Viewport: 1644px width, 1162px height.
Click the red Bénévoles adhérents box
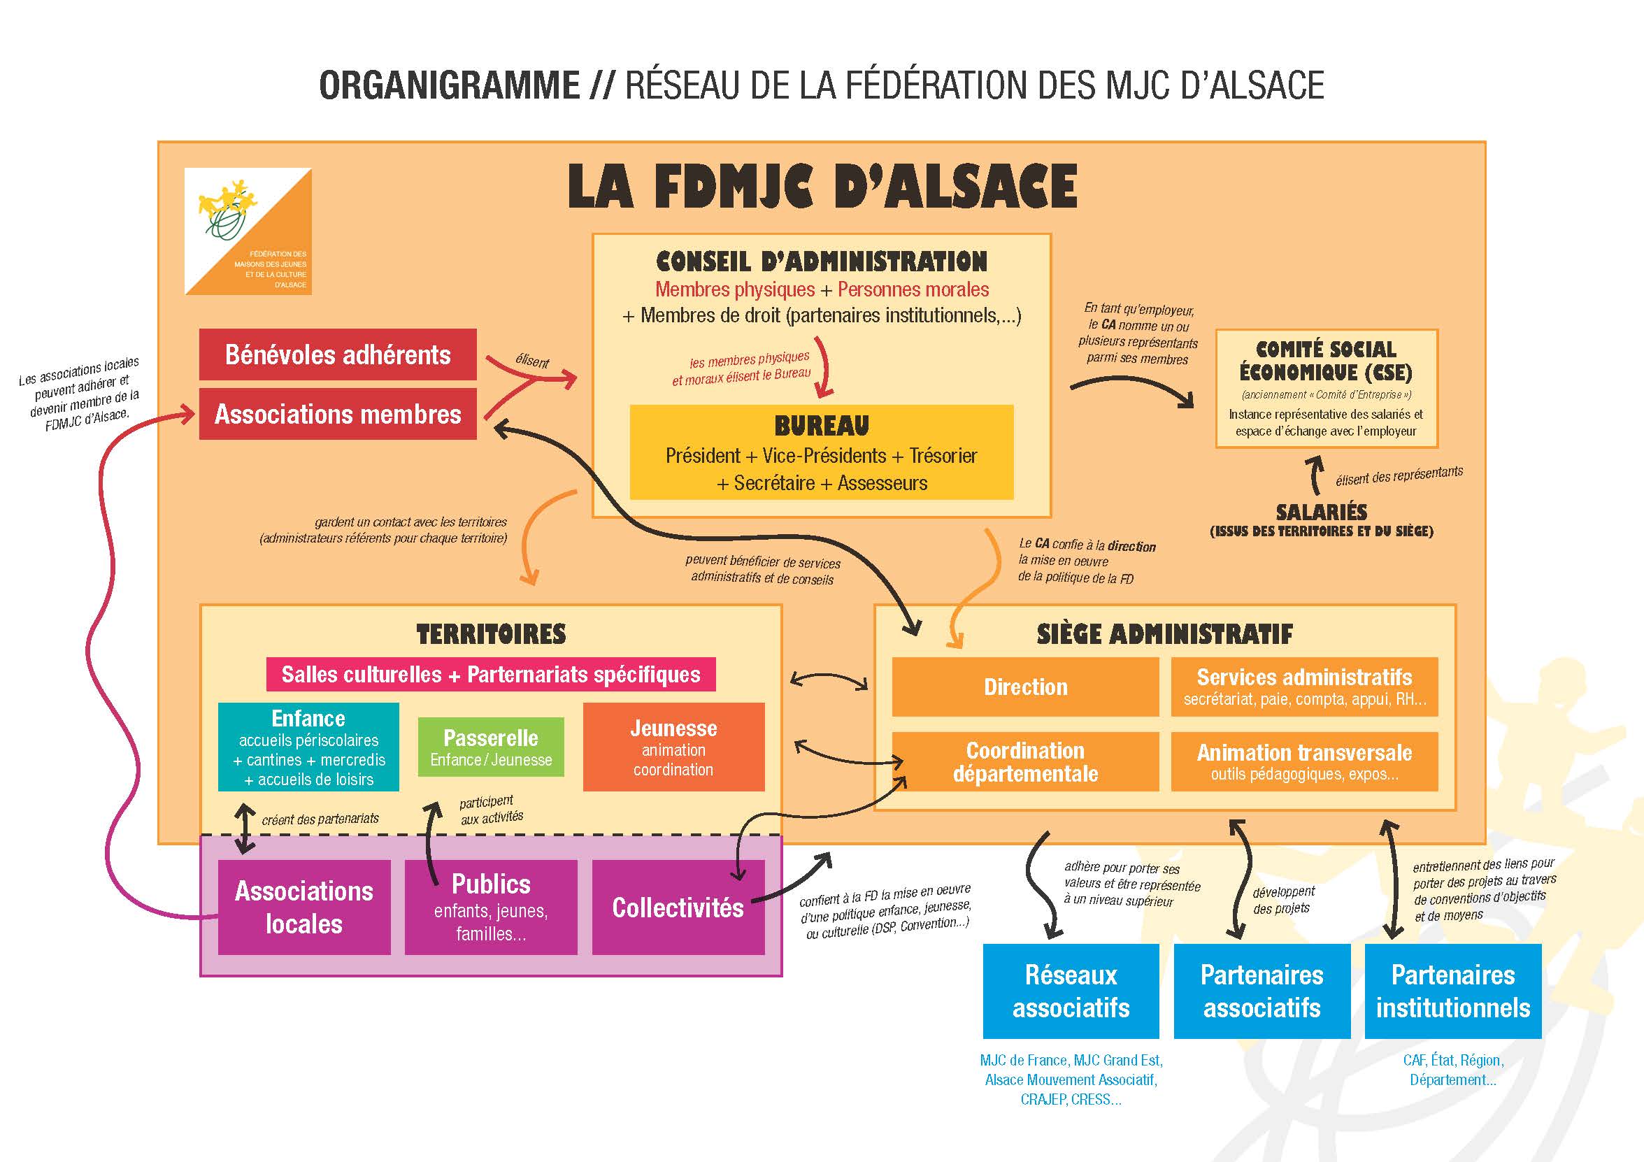coord(337,354)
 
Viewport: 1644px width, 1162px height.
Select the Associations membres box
coord(337,414)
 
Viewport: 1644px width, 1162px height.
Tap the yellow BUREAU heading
coord(821,426)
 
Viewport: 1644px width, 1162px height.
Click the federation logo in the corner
coord(248,231)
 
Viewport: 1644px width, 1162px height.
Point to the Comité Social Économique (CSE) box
coord(1326,388)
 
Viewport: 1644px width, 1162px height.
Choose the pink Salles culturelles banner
coord(490,675)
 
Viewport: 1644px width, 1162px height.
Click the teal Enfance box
coord(308,747)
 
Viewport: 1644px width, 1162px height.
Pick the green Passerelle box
coord(490,747)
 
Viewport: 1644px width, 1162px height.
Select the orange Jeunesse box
coord(673,747)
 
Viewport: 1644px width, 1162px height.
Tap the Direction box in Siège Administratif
coord(1024,687)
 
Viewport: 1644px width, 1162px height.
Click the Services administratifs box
coord(1304,687)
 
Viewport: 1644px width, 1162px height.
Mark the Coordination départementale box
coord(1024,761)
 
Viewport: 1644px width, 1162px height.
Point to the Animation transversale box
coord(1304,761)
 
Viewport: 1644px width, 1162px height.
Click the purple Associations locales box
coord(304,907)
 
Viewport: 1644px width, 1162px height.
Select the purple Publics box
coord(490,907)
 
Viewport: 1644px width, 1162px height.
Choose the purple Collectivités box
coord(678,907)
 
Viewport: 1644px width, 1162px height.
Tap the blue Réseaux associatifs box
coord(1071,991)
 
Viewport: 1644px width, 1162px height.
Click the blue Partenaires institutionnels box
coord(1452,991)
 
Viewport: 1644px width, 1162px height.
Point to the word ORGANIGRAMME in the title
coord(449,85)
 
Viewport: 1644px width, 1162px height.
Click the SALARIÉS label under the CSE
coord(1321,512)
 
